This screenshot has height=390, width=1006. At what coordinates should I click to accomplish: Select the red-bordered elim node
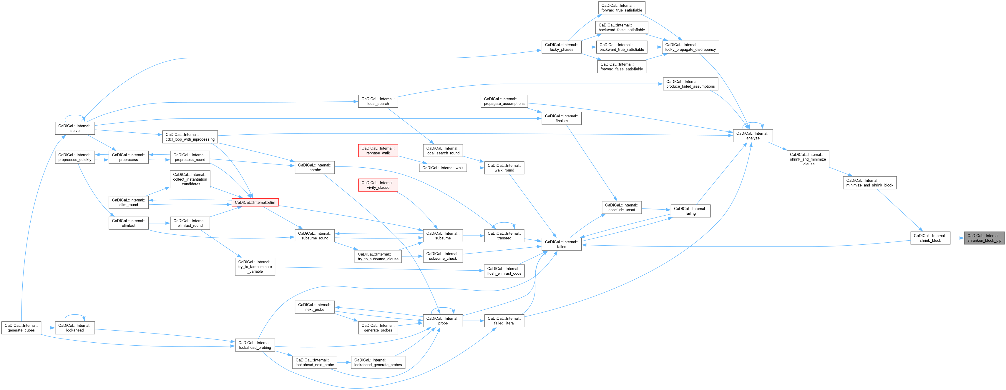point(255,202)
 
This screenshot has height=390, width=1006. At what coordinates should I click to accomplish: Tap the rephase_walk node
point(378,151)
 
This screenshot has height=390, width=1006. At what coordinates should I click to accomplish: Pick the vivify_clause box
point(378,185)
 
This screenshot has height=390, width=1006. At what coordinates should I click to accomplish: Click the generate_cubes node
point(21,328)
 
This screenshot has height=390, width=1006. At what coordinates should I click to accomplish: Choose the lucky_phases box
point(561,47)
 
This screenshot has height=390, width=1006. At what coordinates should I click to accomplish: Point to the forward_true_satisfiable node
point(621,8)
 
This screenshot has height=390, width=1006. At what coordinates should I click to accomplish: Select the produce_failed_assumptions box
point(690,84)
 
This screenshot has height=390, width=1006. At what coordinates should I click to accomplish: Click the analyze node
point(753,136)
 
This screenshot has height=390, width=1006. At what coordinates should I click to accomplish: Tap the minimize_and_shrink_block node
point(869,183)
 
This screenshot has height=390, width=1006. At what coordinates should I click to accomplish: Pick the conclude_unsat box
point(621,207)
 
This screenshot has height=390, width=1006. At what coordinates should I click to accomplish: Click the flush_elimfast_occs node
point(504,271)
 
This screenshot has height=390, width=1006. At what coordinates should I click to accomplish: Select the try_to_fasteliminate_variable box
point(255,267)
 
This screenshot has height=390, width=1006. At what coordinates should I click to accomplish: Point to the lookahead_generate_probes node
point(378,362)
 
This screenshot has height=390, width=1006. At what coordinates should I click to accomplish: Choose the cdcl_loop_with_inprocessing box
point(190,137)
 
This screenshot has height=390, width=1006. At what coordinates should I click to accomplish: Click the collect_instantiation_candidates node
point(190,179)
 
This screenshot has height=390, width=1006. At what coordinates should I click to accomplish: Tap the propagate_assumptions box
point(504,101)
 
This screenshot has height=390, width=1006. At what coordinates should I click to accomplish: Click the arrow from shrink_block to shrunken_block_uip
point(957,238)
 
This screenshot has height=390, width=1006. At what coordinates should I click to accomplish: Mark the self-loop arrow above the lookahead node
point(74,316)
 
